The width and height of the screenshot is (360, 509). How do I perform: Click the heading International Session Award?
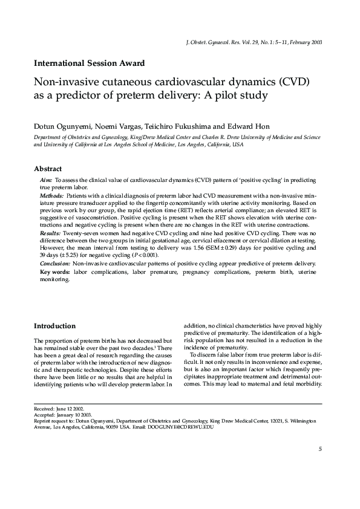[89, 62]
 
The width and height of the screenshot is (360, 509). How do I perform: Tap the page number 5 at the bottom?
[319, 449]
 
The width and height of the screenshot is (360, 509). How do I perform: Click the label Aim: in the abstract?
[46, 181]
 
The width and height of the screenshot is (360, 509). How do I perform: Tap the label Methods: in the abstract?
[51, 196]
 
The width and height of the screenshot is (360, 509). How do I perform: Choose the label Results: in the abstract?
[50, 232]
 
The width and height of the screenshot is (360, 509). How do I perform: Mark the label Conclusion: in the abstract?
[55, 264]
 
